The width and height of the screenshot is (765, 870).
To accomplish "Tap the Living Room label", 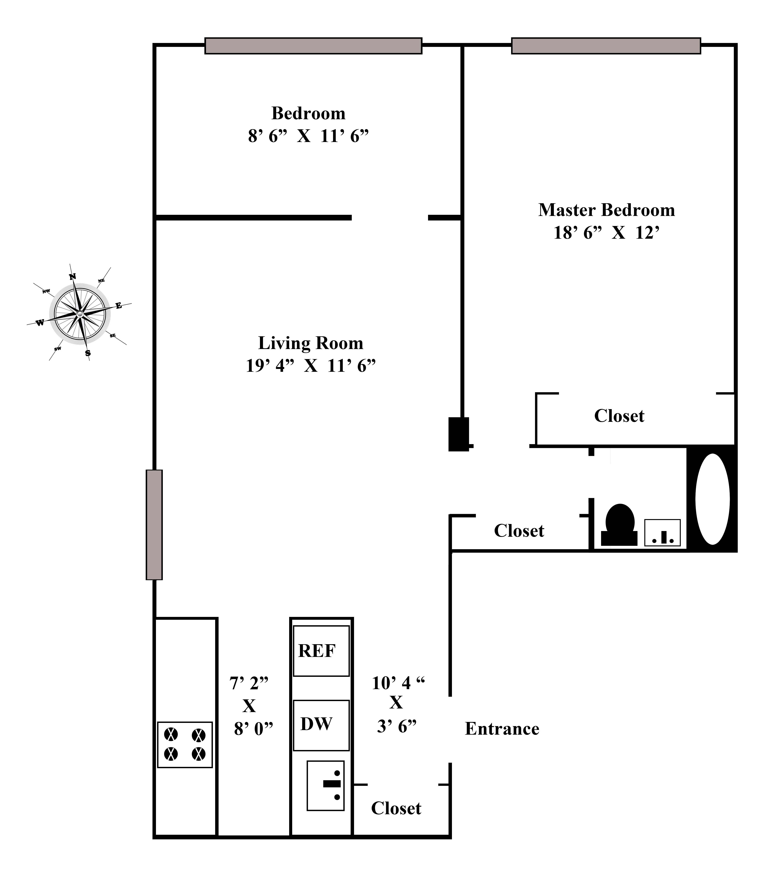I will pyautogui.click(x=311, y=343).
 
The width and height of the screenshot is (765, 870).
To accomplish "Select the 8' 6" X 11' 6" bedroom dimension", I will pyautogui.click(x=308, y=136).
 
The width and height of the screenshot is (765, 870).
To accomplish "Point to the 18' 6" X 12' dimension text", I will pyautogui.click(x=606, y=233).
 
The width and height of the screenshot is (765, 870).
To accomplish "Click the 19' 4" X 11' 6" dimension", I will pyautogui.click(x=311, y=366).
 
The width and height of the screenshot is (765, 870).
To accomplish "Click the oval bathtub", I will pyautogui.click(x=712, y=499).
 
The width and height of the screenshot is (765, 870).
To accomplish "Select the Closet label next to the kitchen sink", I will pyautogui.click(x=396, y=808).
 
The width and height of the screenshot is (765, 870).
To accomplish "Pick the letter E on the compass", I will pyautogui.click(x=119, y=306).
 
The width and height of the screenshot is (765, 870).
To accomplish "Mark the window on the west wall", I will pyautogui.click(x=154, y=524).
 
